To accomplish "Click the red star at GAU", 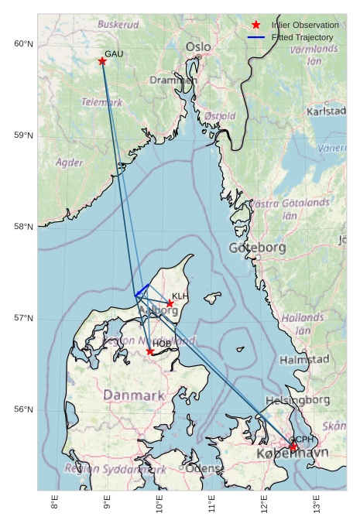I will (x=102, y=61).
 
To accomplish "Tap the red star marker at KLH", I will (x=170, y=303).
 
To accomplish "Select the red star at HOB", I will (x=150, y=351).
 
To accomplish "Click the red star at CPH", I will (x=293, y=447).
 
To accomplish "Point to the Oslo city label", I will (x=198, y=47).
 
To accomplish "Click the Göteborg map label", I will (x=258, y=248).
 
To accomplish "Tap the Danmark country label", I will (x=134, y=395).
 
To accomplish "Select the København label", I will (x=292, y=453).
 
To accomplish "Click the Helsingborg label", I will (x=297, y=400).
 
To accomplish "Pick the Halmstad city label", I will (x=304, y=360).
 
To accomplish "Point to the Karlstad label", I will (x=326, y=111).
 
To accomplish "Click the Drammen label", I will (x=173, y=80).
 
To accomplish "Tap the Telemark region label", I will (x=102, y=102).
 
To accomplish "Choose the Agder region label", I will (x=70, y=163).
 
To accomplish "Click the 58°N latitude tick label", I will (x=24, y=227).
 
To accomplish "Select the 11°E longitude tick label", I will (x=211, y=507).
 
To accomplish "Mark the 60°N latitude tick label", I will (x=24, y=43).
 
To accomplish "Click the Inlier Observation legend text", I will (x=305, y=26).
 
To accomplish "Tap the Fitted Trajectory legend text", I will (x=302, y=37).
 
